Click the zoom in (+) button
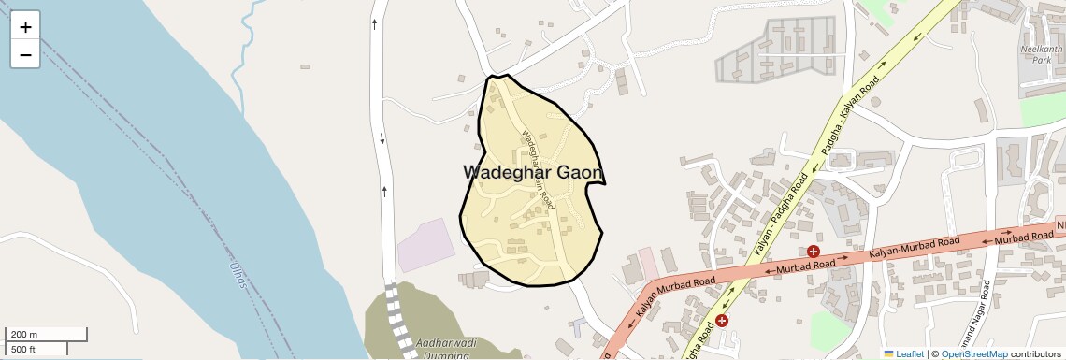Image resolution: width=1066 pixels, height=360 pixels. pyautogui.click(x=25, y=27)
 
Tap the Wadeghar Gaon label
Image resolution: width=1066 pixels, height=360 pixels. pyautogui.click(x=533, y=173)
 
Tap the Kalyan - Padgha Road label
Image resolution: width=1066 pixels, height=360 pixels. pyautogui.click(x=779, y=214)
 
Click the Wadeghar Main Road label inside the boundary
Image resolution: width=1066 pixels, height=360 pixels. pyautogui.click(x=537, y=168)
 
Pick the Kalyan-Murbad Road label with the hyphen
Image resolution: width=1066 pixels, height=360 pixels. pyautogui.click(x=914, y=248)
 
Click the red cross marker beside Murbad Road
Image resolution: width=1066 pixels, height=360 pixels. pyautogui.click(x=814, y=252)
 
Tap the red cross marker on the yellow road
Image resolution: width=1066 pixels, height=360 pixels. pyautogui.click(x=722, y=321)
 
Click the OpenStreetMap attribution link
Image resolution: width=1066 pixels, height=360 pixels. pyautogui.click(x=973, y=353)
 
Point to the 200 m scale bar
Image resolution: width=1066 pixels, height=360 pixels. pyautogui.click(x=47, y=335)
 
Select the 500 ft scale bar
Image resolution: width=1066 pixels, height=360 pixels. pyautogui.click(x=36, y=350)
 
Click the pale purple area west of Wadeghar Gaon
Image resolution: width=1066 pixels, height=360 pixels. pyautogui.click(x=425, y=245)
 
